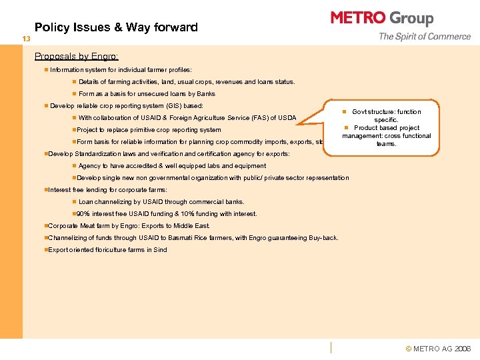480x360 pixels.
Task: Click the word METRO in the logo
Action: pos(359,18)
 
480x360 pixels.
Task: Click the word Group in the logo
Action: pos(411,19)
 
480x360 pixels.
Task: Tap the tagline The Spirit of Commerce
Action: pos(424,37)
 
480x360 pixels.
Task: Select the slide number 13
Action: pos(26,39)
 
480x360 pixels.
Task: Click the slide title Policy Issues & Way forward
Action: pos(116,27)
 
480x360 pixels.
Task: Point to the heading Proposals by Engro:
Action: pos(77,57)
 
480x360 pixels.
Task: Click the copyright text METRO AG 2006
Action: pos(442,349)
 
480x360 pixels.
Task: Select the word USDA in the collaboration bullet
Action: pos(287,118)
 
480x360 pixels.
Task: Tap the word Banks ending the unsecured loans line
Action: pos(205,94)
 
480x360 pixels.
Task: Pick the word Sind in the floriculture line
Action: pos(161,250)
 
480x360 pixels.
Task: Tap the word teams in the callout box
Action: pos(386,143)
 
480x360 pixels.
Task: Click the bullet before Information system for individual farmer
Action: pos(45,70)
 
